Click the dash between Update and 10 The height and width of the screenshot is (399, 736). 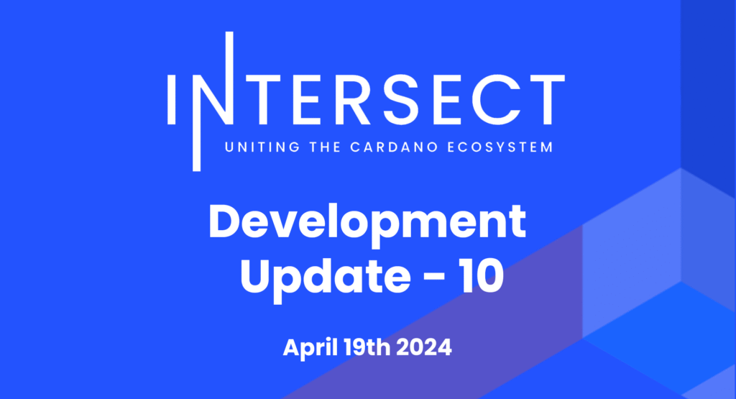tap(435, 279)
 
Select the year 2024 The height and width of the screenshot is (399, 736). tap(424, 348)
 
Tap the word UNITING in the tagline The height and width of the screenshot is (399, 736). tap(262, 147)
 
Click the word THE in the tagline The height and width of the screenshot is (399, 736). tap(325, 147)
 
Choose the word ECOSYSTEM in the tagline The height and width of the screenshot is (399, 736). tap(500, 147)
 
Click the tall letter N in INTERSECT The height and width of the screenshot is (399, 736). tap(213, 101)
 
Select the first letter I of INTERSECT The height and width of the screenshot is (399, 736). tap(171, 100)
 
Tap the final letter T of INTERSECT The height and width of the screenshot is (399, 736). tap(546, 100)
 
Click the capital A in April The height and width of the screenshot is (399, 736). tap(293, 348)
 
